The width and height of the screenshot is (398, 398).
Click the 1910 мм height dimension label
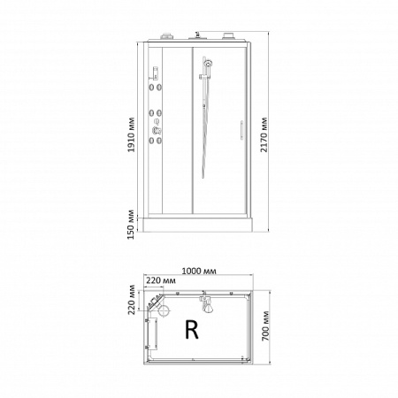[132, 134]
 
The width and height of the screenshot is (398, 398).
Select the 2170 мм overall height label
[264, 134]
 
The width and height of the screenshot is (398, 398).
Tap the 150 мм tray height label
[132, 225]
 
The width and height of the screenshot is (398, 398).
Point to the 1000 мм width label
[199, 271]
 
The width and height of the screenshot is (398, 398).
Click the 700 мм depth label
[265, 325]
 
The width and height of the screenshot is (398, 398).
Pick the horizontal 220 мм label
[161, 280]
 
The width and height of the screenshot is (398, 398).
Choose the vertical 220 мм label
[132, 300]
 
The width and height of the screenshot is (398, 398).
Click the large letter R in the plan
[192, 329]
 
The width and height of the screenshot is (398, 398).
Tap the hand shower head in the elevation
[209, 63]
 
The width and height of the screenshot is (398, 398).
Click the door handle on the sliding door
[241, 130]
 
